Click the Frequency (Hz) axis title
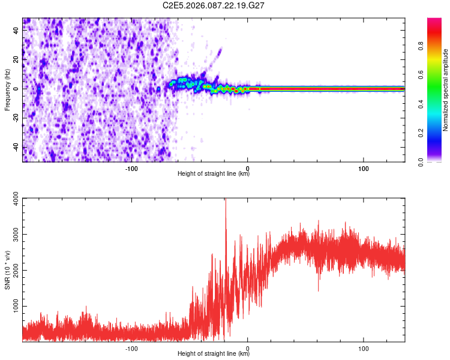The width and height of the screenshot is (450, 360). click(7, 90)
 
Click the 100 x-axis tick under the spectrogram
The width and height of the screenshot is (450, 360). click(363, 168)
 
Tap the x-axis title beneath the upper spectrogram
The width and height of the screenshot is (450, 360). click(214, 174)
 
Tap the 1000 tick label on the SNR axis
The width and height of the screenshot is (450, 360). click(14, 307)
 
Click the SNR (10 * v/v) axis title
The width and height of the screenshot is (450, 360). click(7, 270)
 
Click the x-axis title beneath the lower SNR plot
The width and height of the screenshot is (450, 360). click(214, 354)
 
